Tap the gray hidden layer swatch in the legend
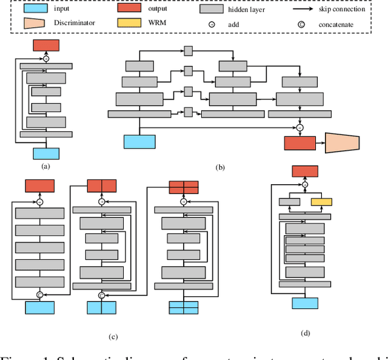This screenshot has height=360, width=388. [216, 10]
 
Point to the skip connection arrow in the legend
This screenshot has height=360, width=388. [310, 10]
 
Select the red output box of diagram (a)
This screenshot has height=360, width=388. [45, 45]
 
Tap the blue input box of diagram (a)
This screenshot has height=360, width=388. [45, 153]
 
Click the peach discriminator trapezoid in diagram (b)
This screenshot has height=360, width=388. [343, 142]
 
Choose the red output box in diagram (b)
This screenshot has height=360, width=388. [299, 142]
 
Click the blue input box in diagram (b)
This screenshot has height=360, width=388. [140, 142]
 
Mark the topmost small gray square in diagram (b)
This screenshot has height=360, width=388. [188, 51]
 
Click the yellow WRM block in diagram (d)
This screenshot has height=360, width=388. [321, 202]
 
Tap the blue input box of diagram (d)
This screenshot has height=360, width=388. [305, 304]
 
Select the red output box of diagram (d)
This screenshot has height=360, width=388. [305, 172]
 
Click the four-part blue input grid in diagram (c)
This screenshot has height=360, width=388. [183, 308]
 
